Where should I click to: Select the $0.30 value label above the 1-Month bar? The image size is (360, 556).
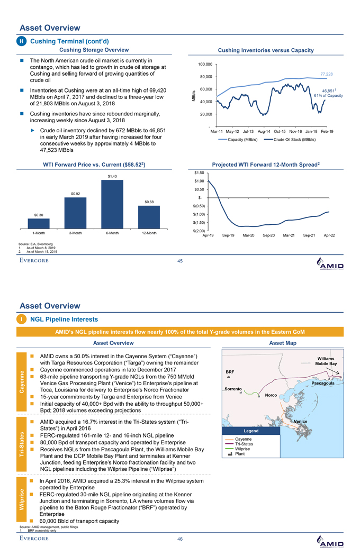pyautogui.click(x=39, y=214)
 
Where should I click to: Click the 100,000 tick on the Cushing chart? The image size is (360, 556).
pyautogui.click(x=204, y=64)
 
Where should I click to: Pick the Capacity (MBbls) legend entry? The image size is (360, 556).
pyautogui.click(x=242, y=139)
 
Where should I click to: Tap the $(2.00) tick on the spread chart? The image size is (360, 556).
pyautogui.click(x=200, y=231)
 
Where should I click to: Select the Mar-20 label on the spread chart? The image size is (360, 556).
pyautogui.click(x=248, y=235)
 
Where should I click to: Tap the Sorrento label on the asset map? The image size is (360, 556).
pyautogui.click(x=234, y=389)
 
